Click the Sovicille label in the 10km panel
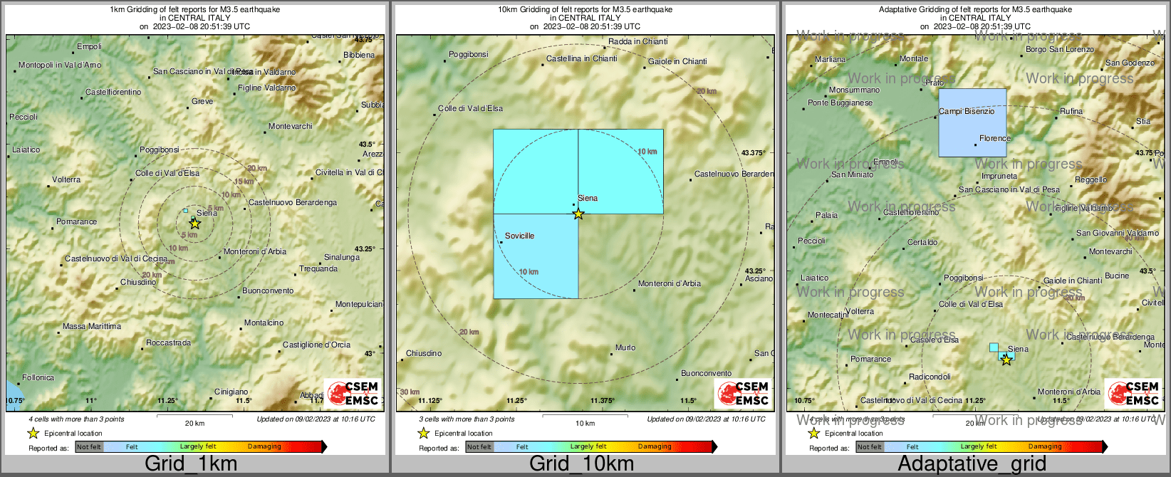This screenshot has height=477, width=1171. tap(519, 236)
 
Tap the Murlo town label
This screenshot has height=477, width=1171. tap(625, 347)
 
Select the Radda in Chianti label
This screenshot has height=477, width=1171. tap(637, 41)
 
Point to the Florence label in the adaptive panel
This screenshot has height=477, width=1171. tap(994, 138)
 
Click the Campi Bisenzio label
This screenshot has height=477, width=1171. tap(967, 111)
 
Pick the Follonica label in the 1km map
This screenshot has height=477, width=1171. tap(38, 377)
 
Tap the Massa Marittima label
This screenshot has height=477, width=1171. tap(92, 326)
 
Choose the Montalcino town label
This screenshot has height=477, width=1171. tap(264, 323)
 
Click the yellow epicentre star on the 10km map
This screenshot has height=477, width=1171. tap(578, 214)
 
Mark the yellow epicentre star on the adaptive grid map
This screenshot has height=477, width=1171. tap(1006, 360)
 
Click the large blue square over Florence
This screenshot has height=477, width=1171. tap(972, 122)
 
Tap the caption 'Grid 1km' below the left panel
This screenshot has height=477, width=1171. tap(191, 463)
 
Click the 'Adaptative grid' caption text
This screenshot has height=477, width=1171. tap(972, 463)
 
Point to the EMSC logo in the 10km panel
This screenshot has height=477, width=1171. tap(743, 393)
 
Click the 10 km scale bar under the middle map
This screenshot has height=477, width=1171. tap(585, 415)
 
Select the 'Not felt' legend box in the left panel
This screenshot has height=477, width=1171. tap(89, 447)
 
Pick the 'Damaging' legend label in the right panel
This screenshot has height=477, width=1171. tap(1045, 447)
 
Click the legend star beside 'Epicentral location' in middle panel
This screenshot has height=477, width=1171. tap(423, 433)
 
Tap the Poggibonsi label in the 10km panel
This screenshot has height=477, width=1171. tap(468, 54)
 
